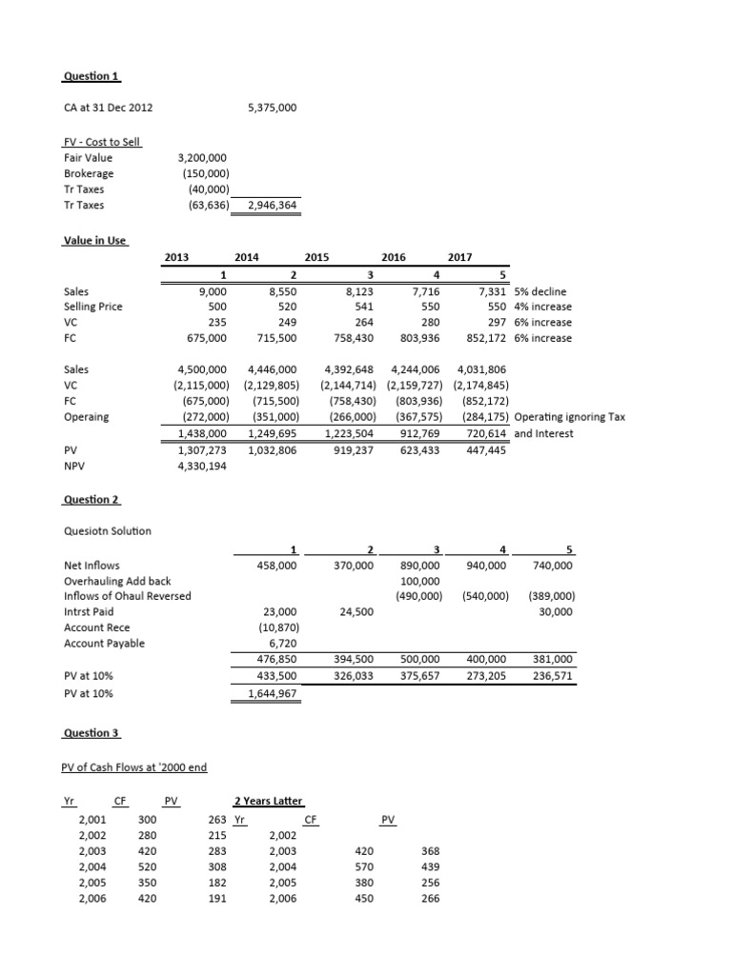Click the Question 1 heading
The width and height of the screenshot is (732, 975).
pos(91,76)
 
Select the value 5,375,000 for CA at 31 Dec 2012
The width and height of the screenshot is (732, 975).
pos(271,109)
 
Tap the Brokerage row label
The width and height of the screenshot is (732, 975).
pos(89,174)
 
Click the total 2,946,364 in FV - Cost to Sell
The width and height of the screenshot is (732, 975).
pos(271,206)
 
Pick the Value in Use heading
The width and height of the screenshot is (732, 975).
pos(94,241)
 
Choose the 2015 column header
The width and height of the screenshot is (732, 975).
pos(316,257)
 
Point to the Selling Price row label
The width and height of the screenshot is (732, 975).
pos(92,307)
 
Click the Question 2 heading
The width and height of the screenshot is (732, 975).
pos(91,500)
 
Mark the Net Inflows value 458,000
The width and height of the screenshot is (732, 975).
pos(276,566)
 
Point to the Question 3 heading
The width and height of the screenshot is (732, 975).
pos(91,734)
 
